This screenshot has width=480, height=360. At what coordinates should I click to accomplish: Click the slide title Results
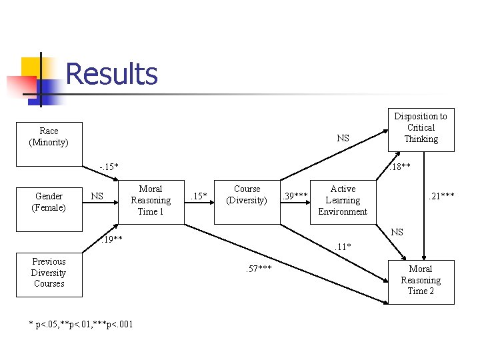111,74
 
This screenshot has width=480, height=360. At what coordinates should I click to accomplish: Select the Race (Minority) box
49,137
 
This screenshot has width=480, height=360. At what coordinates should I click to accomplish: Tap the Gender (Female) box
49,201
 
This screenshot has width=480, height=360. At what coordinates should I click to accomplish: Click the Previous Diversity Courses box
49,273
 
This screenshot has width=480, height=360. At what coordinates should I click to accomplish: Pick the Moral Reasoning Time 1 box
150,200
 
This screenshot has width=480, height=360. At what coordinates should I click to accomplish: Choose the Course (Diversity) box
247,195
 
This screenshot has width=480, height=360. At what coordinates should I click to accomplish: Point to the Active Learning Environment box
343,200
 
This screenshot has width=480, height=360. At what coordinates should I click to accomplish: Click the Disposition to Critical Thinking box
421,127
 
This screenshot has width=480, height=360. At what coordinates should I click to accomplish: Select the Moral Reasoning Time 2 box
421,281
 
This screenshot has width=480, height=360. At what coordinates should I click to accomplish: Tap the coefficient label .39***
294,196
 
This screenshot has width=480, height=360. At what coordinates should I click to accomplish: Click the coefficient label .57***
258,269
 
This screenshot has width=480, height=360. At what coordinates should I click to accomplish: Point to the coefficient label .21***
441,195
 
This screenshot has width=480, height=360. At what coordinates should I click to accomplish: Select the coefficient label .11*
342,247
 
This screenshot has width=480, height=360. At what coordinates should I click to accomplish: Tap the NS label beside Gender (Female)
97,196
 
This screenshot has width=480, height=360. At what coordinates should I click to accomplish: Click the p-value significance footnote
81,325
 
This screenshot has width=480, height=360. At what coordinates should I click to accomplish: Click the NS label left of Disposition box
343,139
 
